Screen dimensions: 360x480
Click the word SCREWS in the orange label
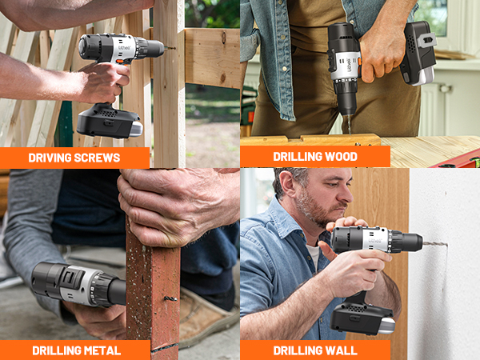[x=98, y=158]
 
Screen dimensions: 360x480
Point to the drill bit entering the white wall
[x=435, y=243]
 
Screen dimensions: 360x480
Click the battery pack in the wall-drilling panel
[x=362, y=318]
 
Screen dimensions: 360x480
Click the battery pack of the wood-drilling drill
[x=419, y=54]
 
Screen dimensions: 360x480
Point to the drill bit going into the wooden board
[x=346, y=125]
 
